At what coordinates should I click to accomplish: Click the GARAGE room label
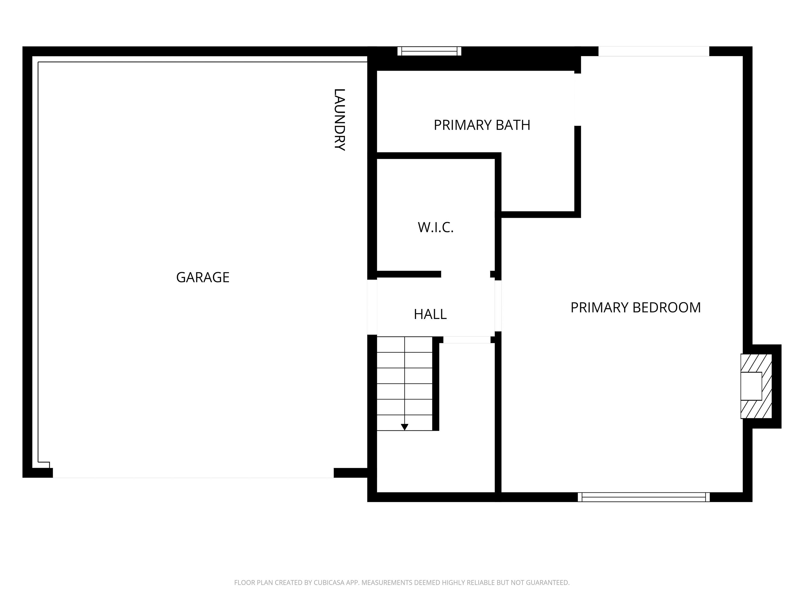click(x=203, y=277)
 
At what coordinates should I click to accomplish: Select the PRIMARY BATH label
click(x=482, y=125)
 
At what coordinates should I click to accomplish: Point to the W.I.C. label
click(x=435, y=228)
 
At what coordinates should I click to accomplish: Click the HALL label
click(x=430, y=314)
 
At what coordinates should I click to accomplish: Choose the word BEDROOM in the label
click(x=667, y=308)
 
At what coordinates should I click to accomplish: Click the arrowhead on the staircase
click(x=405, y=427)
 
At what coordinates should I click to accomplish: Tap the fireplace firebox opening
click(x=751, y=386)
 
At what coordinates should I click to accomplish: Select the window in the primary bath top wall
click(x=429, y=51)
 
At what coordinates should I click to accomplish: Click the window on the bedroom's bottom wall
click(x=643, y=497)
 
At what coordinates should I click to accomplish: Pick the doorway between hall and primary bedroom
click(x=498, y=306)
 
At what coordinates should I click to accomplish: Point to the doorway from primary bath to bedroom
click(x=577, y=99)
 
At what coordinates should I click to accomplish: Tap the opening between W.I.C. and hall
click(x=465, y=274)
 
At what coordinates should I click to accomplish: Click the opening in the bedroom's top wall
click(x=654, y=51)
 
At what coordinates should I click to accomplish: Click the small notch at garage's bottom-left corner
click(x=44, y=465)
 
